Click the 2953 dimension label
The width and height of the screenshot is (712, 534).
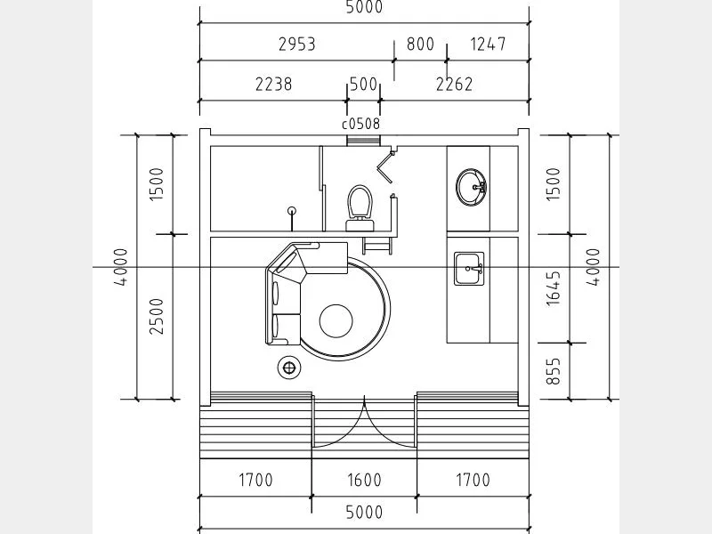point(297,44)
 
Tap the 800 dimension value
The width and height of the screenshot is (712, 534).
point(420,44)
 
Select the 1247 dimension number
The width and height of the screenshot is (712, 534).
point(488,44)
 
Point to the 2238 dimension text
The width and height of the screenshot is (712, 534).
point(274,84)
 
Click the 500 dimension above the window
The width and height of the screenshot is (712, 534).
point(364,84)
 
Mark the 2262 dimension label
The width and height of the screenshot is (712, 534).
point(455,84)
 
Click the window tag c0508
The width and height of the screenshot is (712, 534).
point(361,124)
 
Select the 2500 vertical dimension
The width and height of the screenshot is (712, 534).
point(157,317)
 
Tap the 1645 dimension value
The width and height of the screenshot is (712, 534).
point(553,287)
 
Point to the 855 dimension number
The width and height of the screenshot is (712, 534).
point(553,371)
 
